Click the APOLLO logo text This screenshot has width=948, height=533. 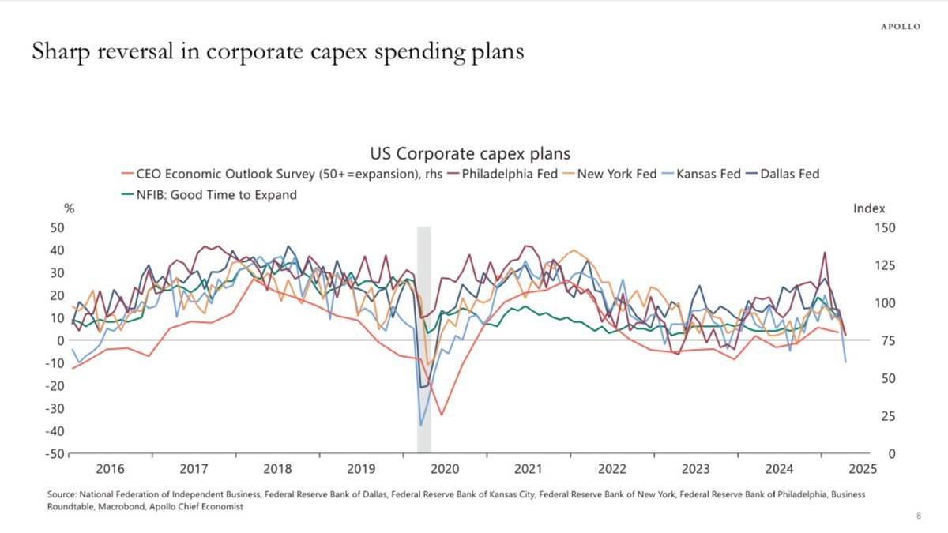[x=901, y=27]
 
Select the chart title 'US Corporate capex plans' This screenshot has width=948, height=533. [x=470, y=153]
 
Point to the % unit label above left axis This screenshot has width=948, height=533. [x=69, y=208]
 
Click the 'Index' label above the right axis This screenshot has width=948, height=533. [x=869, y=208]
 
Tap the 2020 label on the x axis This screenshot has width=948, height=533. [x=445, y=468]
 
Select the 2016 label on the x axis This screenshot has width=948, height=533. [x=110, y=468]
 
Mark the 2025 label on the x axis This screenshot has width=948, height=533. [x=863, y=468]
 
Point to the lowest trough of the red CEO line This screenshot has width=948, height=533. [x=442, y=415]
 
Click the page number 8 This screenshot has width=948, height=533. [x=919, y=516]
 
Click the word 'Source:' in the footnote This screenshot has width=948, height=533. [x=62, y=494]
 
